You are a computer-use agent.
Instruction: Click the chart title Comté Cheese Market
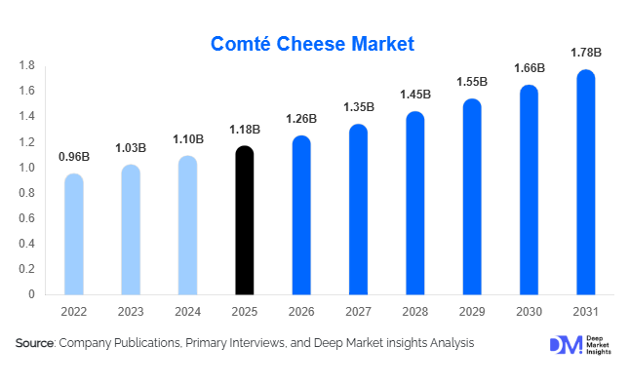[x=313, y=44]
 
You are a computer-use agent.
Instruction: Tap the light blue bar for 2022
[x=74, y=234]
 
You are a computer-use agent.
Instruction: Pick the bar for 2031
[x=584, y=182]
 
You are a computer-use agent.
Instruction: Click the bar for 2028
[x=414, y=203]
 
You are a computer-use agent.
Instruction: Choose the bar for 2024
[x=187, y=225]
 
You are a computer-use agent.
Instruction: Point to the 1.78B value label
[x=584, y=52]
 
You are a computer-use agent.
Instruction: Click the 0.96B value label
[x=74, y=156]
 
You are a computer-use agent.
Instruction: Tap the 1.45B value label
[x=414, y=95]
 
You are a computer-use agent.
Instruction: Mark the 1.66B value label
[x=528, y=68]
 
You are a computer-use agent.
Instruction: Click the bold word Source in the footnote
[x=35, y=343]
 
